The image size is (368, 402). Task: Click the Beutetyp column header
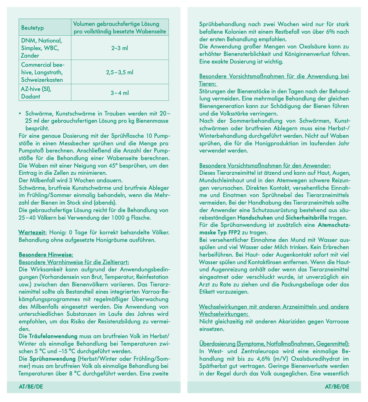click(33, 28)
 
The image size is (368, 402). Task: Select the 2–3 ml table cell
click(120, 48)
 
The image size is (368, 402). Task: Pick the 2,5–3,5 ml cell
click(120, 72)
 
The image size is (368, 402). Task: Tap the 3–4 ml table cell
click(120, 93)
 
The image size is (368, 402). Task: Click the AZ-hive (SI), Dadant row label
click(37, 93)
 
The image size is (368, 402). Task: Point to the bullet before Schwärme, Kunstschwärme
click(20, 113)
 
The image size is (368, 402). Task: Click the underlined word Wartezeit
click(33, 232)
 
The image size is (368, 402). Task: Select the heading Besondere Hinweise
click(46, 254)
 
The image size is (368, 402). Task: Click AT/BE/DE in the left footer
click(31, 387)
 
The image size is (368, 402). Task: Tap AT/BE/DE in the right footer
click(337, 387)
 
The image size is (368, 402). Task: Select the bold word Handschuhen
click(256, 217)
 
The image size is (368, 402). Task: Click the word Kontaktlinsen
click(266, 262)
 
